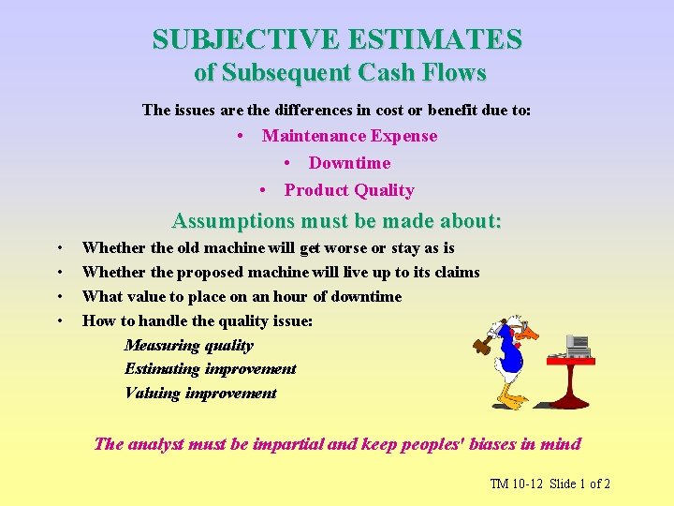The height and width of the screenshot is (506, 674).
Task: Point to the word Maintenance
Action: click(314, 136)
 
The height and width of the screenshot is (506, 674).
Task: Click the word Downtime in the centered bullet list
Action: click(349, 163)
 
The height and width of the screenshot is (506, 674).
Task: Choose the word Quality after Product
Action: click(384, 190)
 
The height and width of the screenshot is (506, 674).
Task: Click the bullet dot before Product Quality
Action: click(264, 190)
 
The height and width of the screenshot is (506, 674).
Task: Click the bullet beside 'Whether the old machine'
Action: click(60, 248)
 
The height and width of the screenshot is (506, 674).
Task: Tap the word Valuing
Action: click(153, 394)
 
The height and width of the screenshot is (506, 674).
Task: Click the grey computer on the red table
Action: click(579, 346)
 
